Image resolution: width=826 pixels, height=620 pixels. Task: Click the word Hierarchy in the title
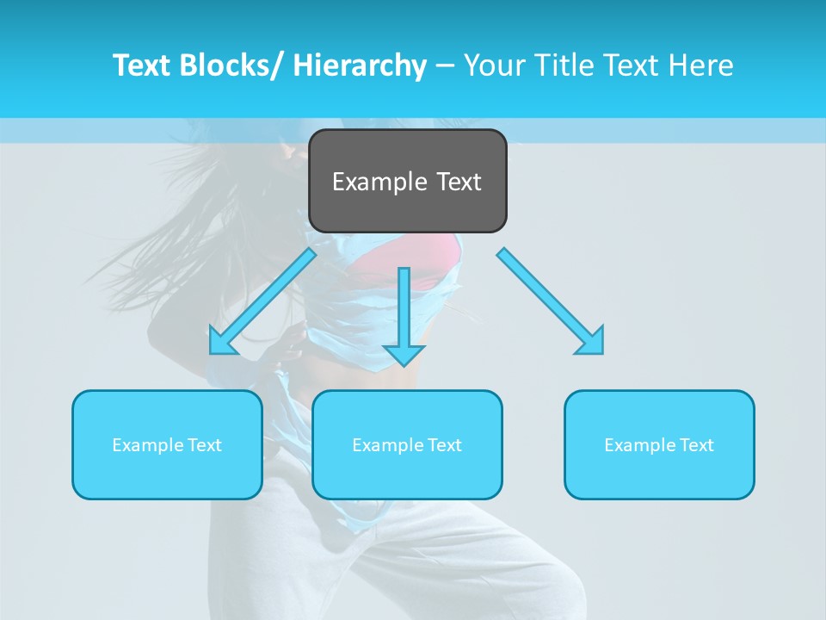360,65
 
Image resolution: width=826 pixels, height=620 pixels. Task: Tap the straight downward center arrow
404,310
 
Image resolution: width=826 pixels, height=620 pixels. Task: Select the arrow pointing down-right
551,301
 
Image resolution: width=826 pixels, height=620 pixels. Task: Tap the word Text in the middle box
444,445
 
